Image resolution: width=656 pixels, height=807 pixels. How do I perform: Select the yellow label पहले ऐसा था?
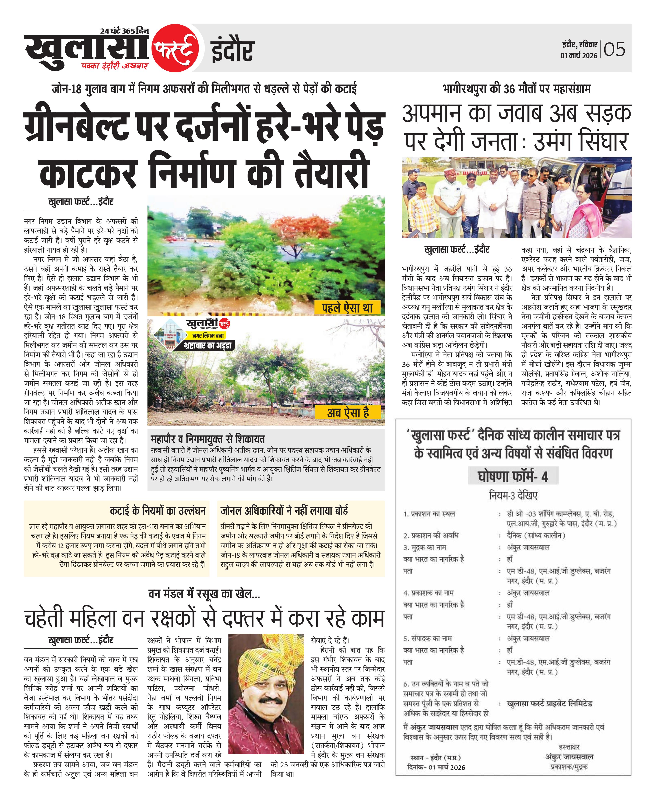(347, 308)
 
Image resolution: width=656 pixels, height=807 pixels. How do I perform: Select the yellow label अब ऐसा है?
(348, 412)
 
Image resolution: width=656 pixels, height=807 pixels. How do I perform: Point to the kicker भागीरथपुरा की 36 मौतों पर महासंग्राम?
(517, 89)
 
